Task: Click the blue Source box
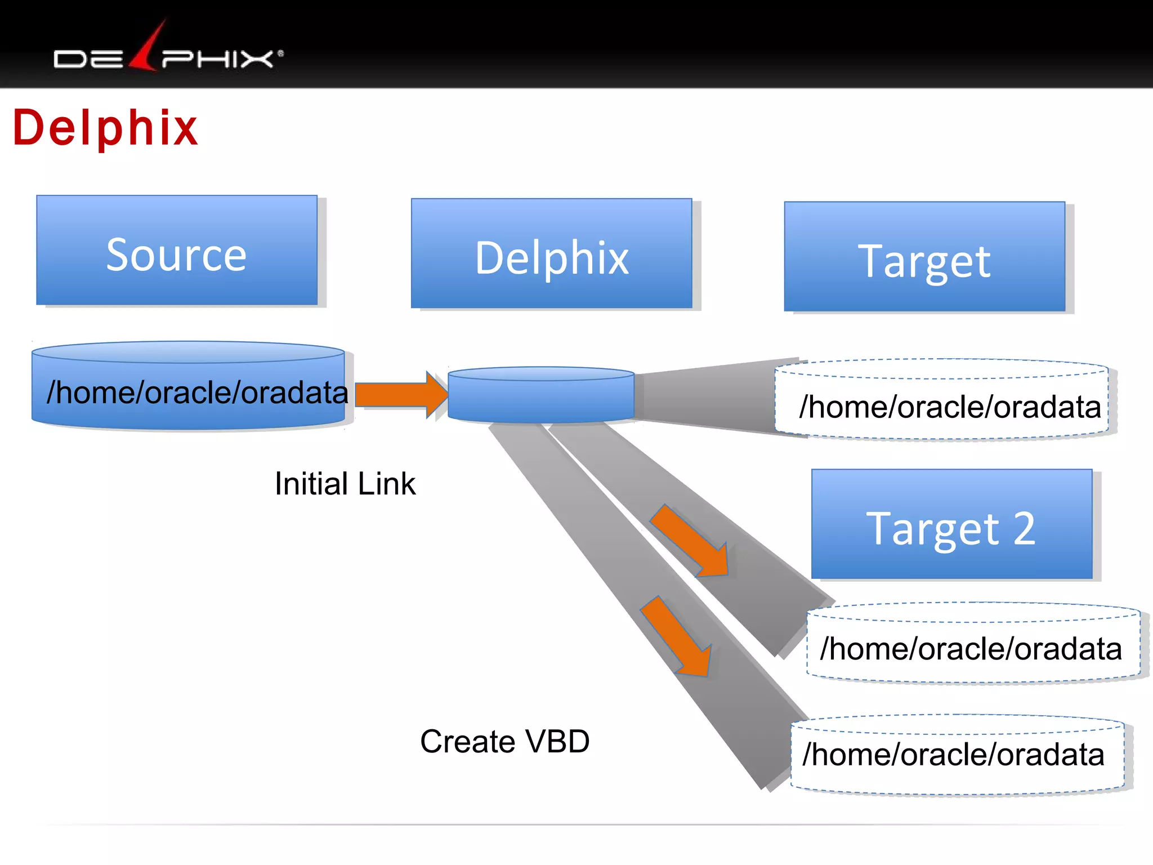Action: [177, 251]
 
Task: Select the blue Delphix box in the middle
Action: [551, 253]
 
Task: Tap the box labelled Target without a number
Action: [924, 257]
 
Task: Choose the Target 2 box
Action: [951, 524]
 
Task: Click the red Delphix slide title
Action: [105, 128]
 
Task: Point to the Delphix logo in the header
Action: [168, 53]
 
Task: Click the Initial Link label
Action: [345, 484]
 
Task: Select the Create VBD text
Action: [504, 741]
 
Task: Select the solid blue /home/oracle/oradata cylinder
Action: [189, 389]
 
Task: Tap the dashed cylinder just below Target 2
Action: [973, 644]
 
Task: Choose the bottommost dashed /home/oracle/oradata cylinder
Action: [957, 755]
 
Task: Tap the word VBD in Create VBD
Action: [558, 741]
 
